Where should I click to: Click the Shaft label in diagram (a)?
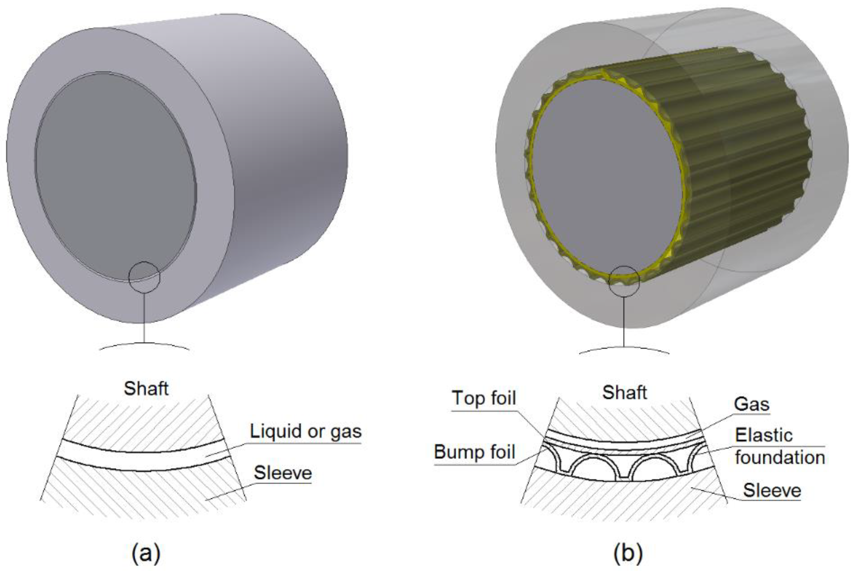click(x=146, y=388)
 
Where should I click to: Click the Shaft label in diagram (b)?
click(x=624, y=392)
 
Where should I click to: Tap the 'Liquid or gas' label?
click(x=305, y=431)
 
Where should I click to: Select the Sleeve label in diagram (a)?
click(x=282, y=473)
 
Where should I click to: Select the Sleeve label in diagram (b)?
click(x=772, y=490)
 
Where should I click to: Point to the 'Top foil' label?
click(x=484, y=398)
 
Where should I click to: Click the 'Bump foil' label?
click(x=475, y=452)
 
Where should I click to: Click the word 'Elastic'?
click(x=763, y=435)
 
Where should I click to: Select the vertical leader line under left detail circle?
click(x=144, y=317)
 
